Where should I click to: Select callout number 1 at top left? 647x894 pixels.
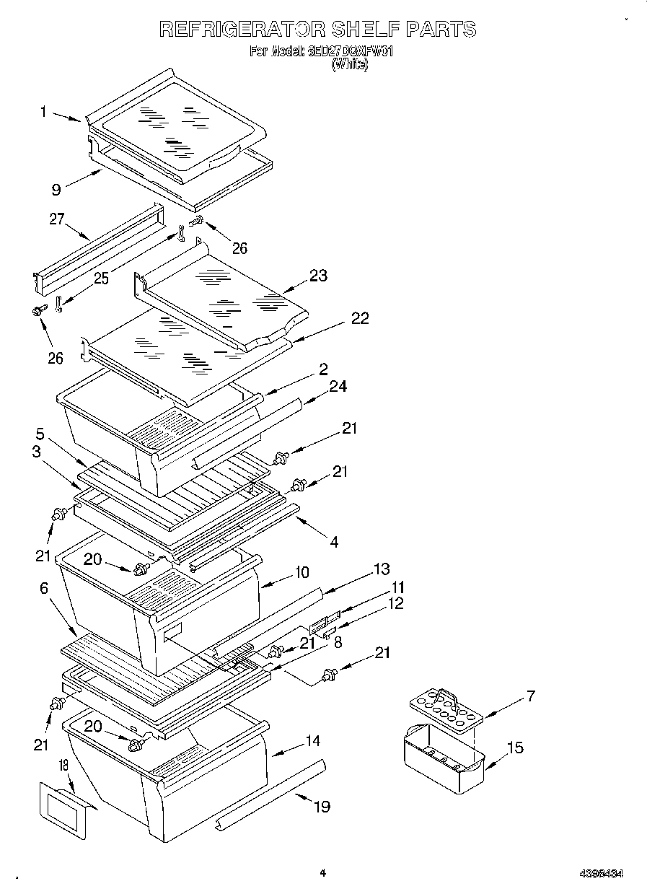pos(43,112)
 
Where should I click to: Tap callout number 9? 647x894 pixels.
pos(56,190)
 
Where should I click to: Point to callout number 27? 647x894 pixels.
pos(57,220)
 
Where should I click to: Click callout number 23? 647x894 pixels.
pos(318,276)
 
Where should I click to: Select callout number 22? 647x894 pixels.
pos(359,318)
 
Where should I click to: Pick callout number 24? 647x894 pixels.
pos(338,387)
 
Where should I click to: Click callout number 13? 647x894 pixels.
pos(380,569)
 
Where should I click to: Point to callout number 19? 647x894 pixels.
pos(322,806)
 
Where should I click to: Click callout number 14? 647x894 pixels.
pos(312,741)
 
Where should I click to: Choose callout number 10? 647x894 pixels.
pos(301,572)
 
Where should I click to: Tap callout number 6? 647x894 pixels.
pos(44,590)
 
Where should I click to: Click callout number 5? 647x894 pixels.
pos(40,434)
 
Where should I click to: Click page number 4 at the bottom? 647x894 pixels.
pos(322,872)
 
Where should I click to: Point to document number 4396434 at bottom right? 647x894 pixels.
pos(601,873)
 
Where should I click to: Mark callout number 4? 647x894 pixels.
pos(334,541)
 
